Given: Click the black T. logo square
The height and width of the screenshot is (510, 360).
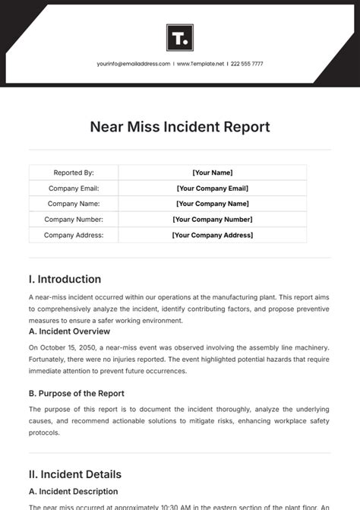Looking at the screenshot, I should point(180,37).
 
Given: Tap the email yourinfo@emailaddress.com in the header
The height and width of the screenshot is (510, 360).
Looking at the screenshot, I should point(133,64).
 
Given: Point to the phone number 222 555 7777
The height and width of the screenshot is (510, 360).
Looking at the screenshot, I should point(247,64).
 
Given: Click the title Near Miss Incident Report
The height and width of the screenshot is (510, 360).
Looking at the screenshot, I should point(180,127).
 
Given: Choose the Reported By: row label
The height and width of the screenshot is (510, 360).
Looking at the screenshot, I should point(74,173).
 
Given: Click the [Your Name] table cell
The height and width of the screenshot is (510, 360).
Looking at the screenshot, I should point(213,173).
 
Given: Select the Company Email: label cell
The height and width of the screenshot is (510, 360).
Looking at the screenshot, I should point(74,188).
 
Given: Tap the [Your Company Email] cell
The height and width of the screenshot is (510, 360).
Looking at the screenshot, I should point(213,188).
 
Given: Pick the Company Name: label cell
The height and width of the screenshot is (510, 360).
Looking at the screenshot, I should point(74,204).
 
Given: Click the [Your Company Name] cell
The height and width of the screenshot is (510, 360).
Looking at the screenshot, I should point(213,204).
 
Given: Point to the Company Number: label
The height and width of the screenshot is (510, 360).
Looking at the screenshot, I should point(74,220).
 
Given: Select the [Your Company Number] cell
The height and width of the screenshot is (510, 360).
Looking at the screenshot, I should point(213,220).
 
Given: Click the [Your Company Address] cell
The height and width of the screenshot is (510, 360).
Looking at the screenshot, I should point(213,235).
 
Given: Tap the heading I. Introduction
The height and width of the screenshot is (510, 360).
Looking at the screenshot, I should point(65,279).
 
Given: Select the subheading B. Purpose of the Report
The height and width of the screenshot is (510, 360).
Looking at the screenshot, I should point(76,393).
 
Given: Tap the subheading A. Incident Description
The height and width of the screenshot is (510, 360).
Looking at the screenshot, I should point(73,491).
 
